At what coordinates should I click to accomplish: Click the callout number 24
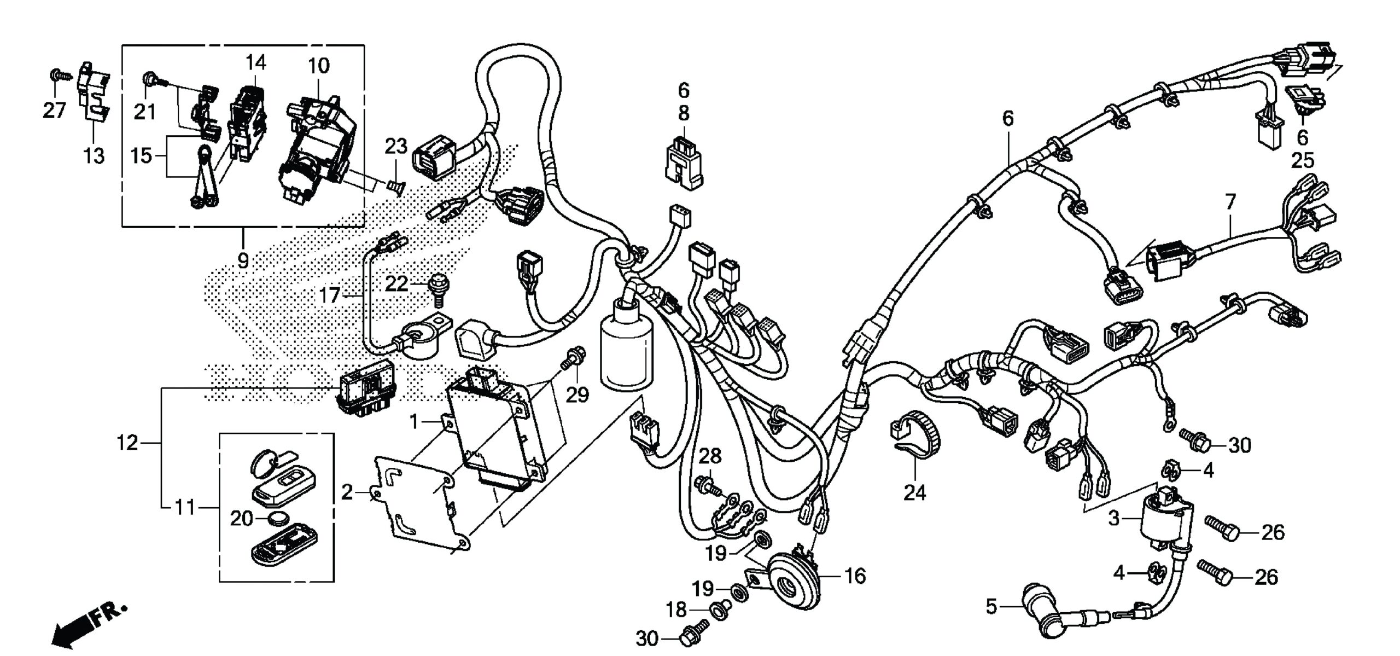pyautogui.click(x=914, y=492)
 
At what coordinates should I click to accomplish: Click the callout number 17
pyautogui.click(x=329, y=296)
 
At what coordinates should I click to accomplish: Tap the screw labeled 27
pyautogui.click(x=56, y=75)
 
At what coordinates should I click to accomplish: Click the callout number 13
pyautogui.click(x=94, y=156)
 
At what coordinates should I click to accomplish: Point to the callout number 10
pyautogui.click(x=319, y=66)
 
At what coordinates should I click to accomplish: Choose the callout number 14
pyautogui.click(x=255, y=63)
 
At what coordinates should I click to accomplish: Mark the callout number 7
pyautogui.click(x=1230, y=202)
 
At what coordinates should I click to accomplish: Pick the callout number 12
pyautogui.click(x=127, y=443)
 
